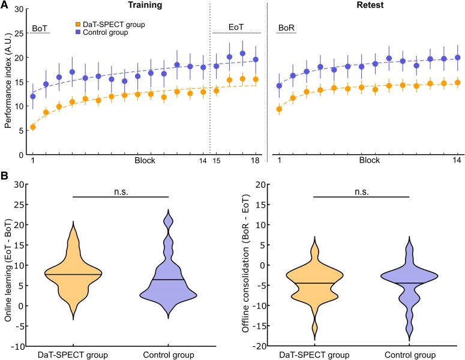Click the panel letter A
5,5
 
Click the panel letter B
5,178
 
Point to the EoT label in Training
236,28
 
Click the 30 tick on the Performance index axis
19,10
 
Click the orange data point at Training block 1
32,127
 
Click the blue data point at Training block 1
32,96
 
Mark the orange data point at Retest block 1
279,109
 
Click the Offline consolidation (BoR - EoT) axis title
247,265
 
